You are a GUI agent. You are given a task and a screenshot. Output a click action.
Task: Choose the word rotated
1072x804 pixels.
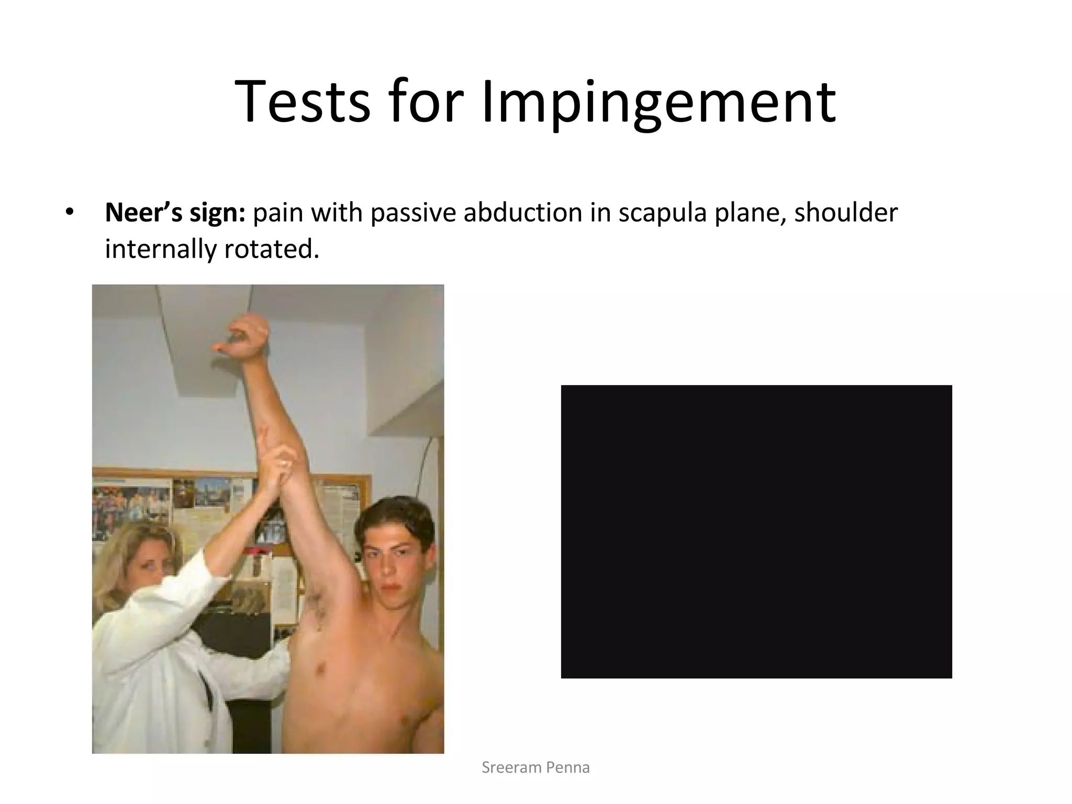(x=271, y=249)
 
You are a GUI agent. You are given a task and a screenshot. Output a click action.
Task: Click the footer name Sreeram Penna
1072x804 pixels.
(x=535, y=767)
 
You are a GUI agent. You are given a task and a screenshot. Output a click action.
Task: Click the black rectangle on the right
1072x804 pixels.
(x=756, y=531)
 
